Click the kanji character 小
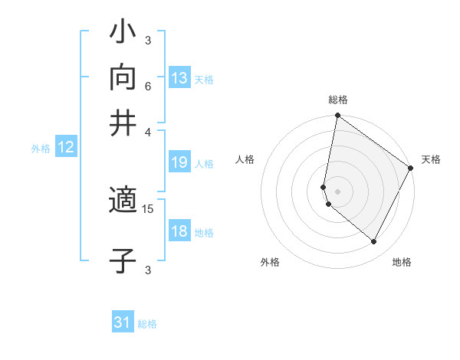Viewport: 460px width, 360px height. pyautogui.click(x=123, y=34)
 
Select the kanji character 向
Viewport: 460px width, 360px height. pyautogui.click(x=123, y=77)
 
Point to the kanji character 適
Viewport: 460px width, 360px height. pyautogui.click(x=123, y=202)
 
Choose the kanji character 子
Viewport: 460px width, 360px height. pyautogui.click(x=123, y=260)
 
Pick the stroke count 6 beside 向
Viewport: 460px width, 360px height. pyautogui.click(x=148, y=86)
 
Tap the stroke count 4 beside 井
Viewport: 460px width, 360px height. pyautogui.click(x=148, y=131)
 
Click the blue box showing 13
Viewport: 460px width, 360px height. pyautogui.click(x=179, y=77)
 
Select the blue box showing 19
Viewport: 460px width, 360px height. pyautogui.click(x=179, y=162)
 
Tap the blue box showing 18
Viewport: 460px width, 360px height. pyautogui.click(x=179, y=231)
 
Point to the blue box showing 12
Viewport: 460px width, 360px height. pyautogui.click(x=66, y=148)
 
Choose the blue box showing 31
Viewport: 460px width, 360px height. pyautogui.click(x=123, y=322)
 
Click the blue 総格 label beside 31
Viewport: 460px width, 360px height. pyautogui.click(x=147, y=324)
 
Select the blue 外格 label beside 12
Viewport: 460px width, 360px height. pyautogui.click(x=41, y=149)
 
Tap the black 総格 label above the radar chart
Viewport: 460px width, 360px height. pyautogui.click(x=338, y=100)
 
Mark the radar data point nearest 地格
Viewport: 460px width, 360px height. pyautogui.click(x=374, y=242)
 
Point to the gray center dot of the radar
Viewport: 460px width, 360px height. pyautogui.click(x=337, y=191)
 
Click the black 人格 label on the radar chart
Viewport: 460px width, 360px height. pyautogui.click(x=245, y=159)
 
